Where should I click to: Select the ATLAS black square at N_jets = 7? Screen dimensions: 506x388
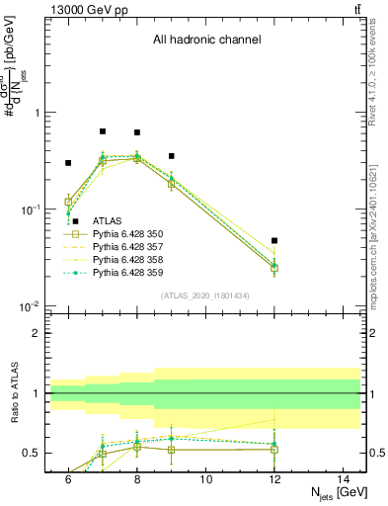(x=103, y=130)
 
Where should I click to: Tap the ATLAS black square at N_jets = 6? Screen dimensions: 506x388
(x=68, y=163)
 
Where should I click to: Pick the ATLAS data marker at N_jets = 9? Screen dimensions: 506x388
(x=172, y=156)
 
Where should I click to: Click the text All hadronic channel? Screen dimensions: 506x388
(x=206, y=41)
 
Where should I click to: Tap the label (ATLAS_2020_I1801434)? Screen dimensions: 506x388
(x=205, y=295)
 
